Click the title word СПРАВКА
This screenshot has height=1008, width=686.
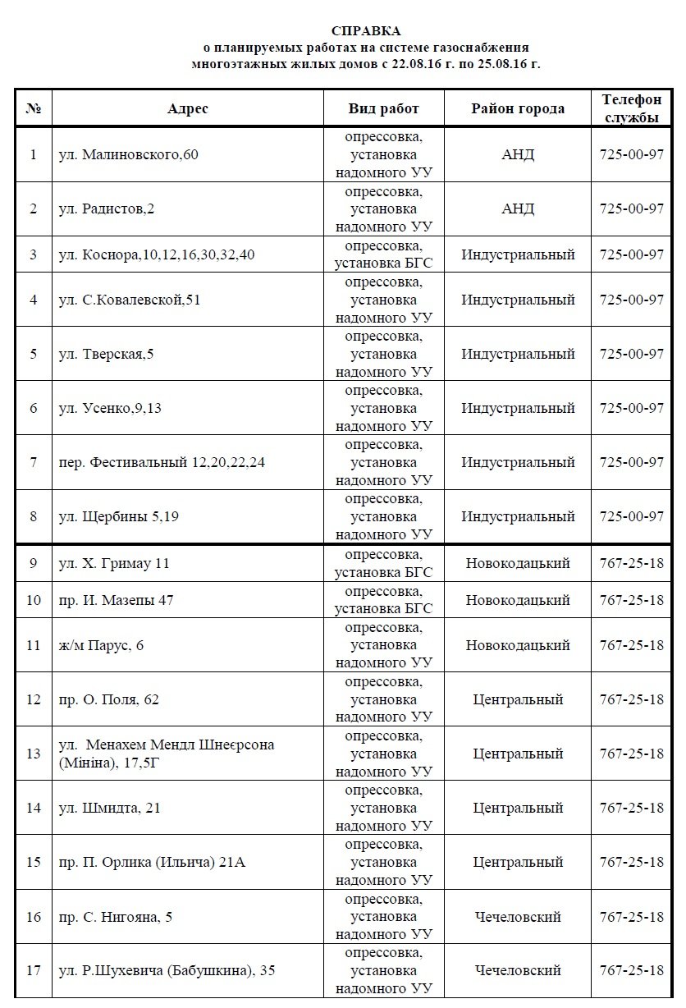366,31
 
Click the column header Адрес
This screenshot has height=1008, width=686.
188,108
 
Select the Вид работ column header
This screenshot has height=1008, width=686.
383,108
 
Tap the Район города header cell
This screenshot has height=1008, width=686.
518,108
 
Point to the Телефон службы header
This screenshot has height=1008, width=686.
631,108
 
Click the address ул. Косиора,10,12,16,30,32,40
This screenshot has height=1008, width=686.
157,254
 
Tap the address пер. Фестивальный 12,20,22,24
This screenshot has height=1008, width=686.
162,463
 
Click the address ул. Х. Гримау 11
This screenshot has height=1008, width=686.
114,564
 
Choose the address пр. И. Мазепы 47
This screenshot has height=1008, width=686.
116,600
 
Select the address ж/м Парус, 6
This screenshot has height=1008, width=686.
102,645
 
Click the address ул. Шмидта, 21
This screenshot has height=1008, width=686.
110,808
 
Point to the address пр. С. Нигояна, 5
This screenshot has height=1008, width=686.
116,916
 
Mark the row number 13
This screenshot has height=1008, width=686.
34,754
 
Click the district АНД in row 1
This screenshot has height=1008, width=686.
518,154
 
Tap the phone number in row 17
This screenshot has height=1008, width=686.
631,970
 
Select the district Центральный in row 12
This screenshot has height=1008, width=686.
518,699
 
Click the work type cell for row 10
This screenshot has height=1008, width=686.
383,600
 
